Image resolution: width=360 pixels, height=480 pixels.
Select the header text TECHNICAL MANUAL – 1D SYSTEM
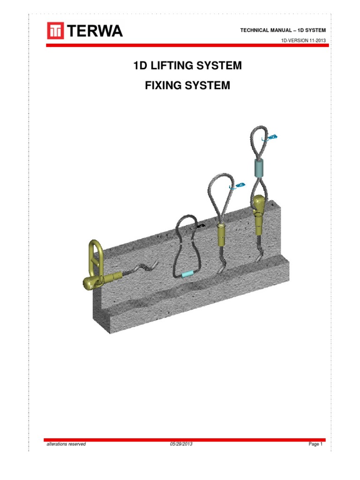pyautogui.click(x=283, y=30)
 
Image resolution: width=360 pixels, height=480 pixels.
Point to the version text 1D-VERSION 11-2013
pyautogui.click(x=303, y=41)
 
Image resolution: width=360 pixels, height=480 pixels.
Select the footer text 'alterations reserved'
pyautogui.click(x=66, y=444)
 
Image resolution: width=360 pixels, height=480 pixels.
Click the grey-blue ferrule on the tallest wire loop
pyautogui.click(x=259, y=167)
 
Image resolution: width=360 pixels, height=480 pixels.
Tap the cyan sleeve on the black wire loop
pyautogui.click(x=187, y=273)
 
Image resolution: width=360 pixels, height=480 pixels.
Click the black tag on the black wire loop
pyautogui.click(x=201, y=226)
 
